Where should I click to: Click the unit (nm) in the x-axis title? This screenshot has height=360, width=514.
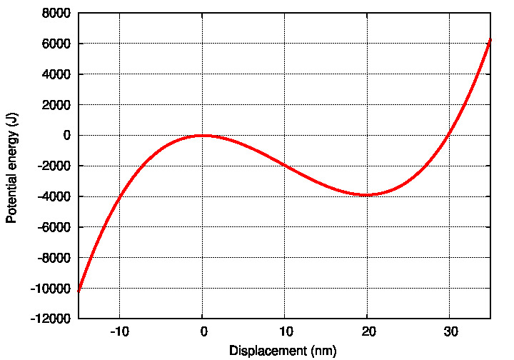[321, 351]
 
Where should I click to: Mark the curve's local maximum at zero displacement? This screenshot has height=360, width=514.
[203, 135]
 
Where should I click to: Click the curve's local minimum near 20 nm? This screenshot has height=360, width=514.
[367, 195]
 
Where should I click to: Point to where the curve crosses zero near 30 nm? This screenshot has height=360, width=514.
[450, 135]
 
